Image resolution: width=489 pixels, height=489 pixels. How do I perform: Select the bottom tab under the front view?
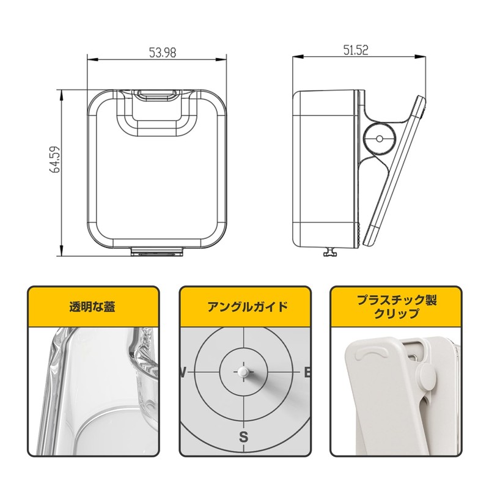pyautogui.click(x=158, y=251)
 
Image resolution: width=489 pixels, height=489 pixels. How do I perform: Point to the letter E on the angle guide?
pyautogui.click(x=307, y=372)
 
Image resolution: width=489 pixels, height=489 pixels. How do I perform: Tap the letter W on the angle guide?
pyautogui.click(x=182, y=372)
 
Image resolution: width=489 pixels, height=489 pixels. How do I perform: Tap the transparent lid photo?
pyautogui.click(x=92, y=391)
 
